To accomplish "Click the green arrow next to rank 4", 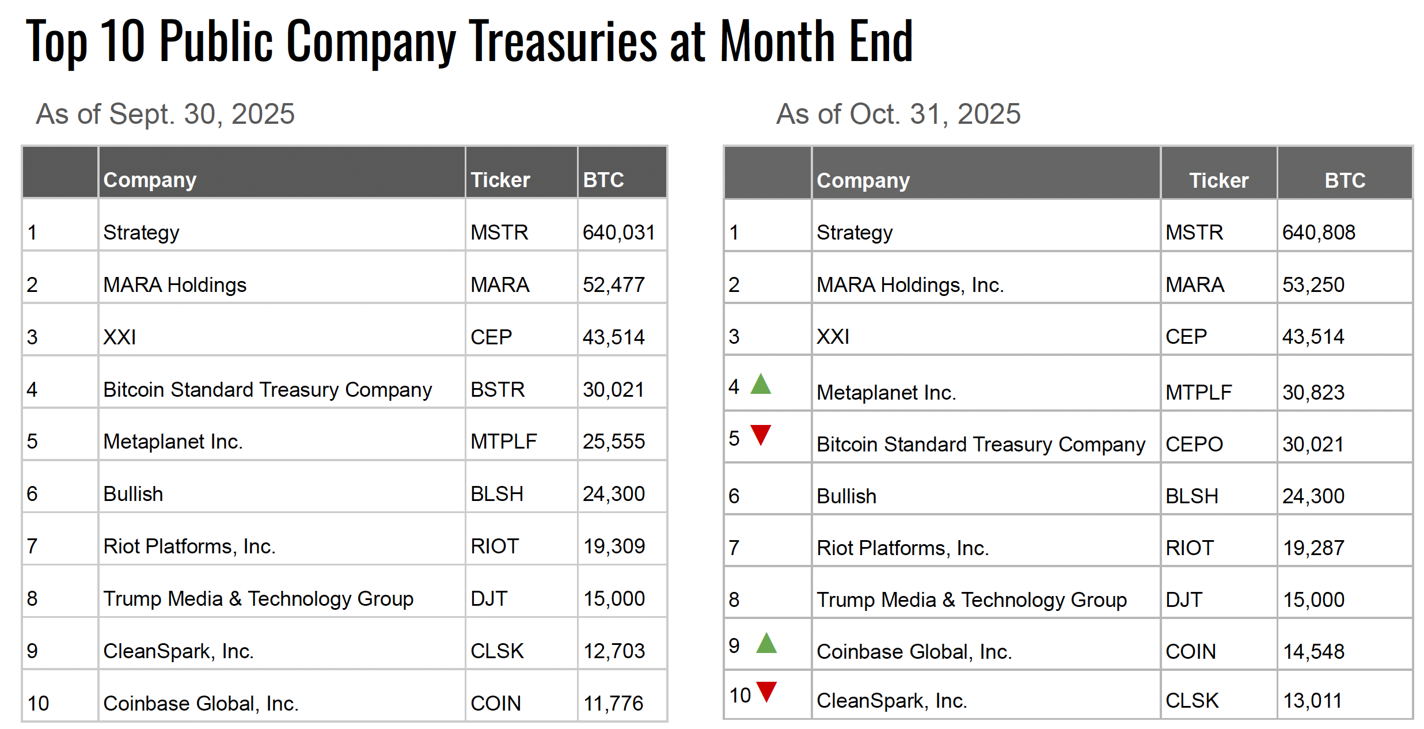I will click(x=760, y=385).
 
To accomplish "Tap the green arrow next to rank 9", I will click(x=766, y=643).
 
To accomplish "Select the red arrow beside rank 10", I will click(x=766, y=690).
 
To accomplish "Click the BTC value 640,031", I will click(x=618, y=233).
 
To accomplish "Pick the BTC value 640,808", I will click(x=1318, y=233).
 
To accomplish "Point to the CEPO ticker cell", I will click(x=1194, y=445).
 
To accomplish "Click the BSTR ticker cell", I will click(x=497, y=390).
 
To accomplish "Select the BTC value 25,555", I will click(x=613, y=442).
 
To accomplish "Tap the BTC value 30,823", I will click(x=1313, y=393).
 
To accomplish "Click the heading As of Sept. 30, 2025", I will click(x=165, y=114).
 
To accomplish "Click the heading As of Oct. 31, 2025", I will click(x=898, y=114).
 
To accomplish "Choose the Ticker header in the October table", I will click(x=1218, y=181).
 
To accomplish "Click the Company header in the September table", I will click(x=150, y=180).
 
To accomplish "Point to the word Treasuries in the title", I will click(x=563, y=41).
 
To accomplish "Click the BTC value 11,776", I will click(x=613, y=703).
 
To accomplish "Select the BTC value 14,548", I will click(x=1313, y=652).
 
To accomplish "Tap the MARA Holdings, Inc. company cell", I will click(x=910, y=285).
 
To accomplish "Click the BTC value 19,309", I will click(x=614, y=546).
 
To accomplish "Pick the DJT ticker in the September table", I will click(x=488, y=599).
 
